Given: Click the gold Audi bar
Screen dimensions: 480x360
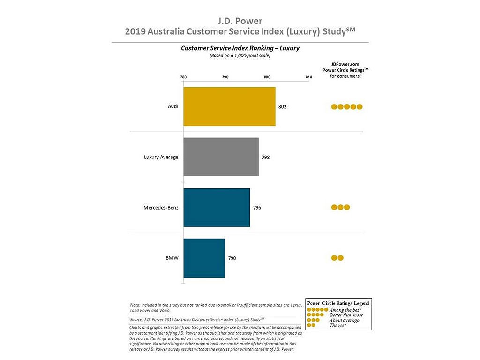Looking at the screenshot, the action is pos(229,106).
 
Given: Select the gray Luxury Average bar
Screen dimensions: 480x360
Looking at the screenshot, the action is pos(221,157).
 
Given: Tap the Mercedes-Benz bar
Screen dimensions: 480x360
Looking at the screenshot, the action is pos(217,208).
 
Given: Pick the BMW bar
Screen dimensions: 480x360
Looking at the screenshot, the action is pos(204,258).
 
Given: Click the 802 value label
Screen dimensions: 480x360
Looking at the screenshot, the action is pos(282,107).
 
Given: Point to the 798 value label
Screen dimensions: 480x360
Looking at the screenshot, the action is pos(265,157).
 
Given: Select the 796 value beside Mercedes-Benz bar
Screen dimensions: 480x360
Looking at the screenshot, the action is pos(257,208).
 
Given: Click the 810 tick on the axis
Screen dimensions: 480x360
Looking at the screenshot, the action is pos(309,77).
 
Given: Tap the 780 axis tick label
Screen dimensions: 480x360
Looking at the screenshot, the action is pos(183,77).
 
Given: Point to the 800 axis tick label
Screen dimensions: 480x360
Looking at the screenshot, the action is pos(267,77).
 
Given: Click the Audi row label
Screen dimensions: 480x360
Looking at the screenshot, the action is pos(173,106).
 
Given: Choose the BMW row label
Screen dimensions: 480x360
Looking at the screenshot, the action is pos(172,258).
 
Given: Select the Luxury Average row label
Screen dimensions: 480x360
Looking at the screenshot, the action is pos(161,157).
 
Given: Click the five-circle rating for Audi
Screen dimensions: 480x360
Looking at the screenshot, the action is pos(347,107).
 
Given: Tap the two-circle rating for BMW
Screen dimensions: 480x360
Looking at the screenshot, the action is pos(337,258).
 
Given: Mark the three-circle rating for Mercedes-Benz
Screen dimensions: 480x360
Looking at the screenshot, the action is pos(340,207).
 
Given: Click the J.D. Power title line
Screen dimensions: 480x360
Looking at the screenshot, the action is pos(240,21).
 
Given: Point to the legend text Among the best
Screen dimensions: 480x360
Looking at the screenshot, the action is pos(345,310).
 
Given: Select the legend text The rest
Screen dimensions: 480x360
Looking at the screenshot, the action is pos(337,325).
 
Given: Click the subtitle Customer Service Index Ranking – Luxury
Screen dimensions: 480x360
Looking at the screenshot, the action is pos(240,48).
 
